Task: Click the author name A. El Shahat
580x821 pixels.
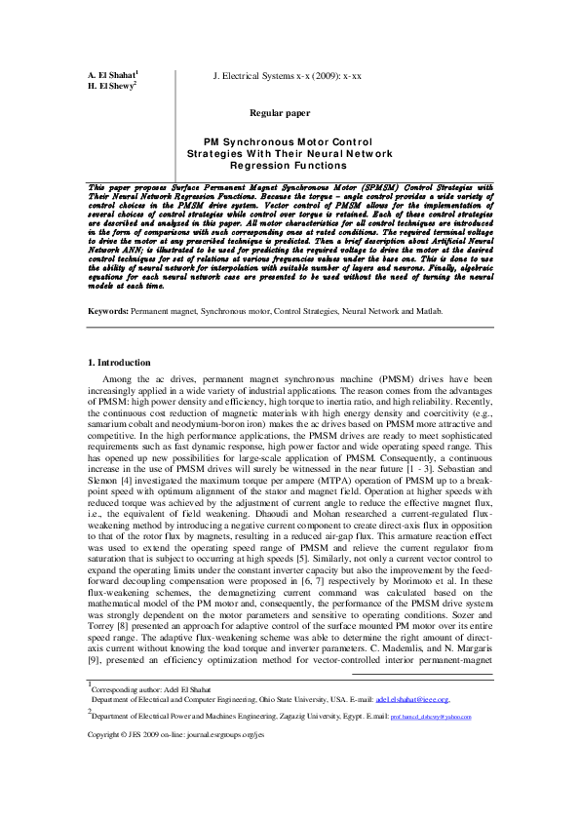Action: (x=111, y=75)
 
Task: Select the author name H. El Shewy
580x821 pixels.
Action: (x=110, y=87)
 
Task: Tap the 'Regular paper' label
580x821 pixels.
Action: (x=280, y=113)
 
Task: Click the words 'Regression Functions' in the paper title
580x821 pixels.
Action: (x=290, y=166)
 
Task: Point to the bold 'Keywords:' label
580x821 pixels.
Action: (x=107, y=283)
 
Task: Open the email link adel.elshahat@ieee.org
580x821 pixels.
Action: (x=411, y=727)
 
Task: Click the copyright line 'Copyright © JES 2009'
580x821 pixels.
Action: (x=136, y=761)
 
